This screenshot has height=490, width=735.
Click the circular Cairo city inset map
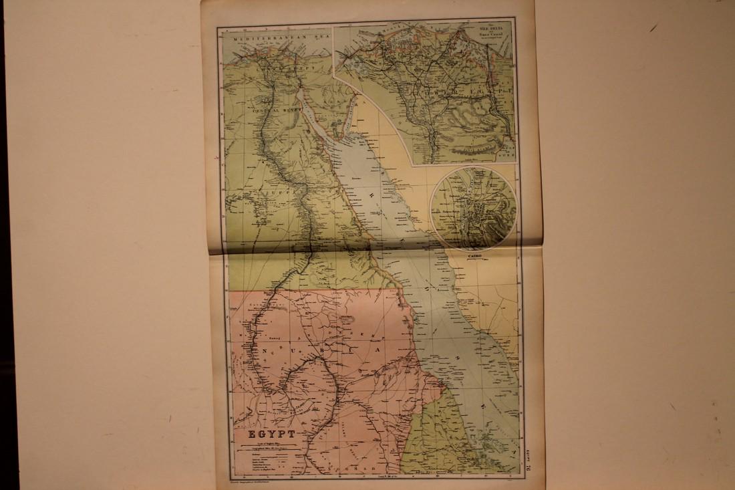(473, 207)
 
